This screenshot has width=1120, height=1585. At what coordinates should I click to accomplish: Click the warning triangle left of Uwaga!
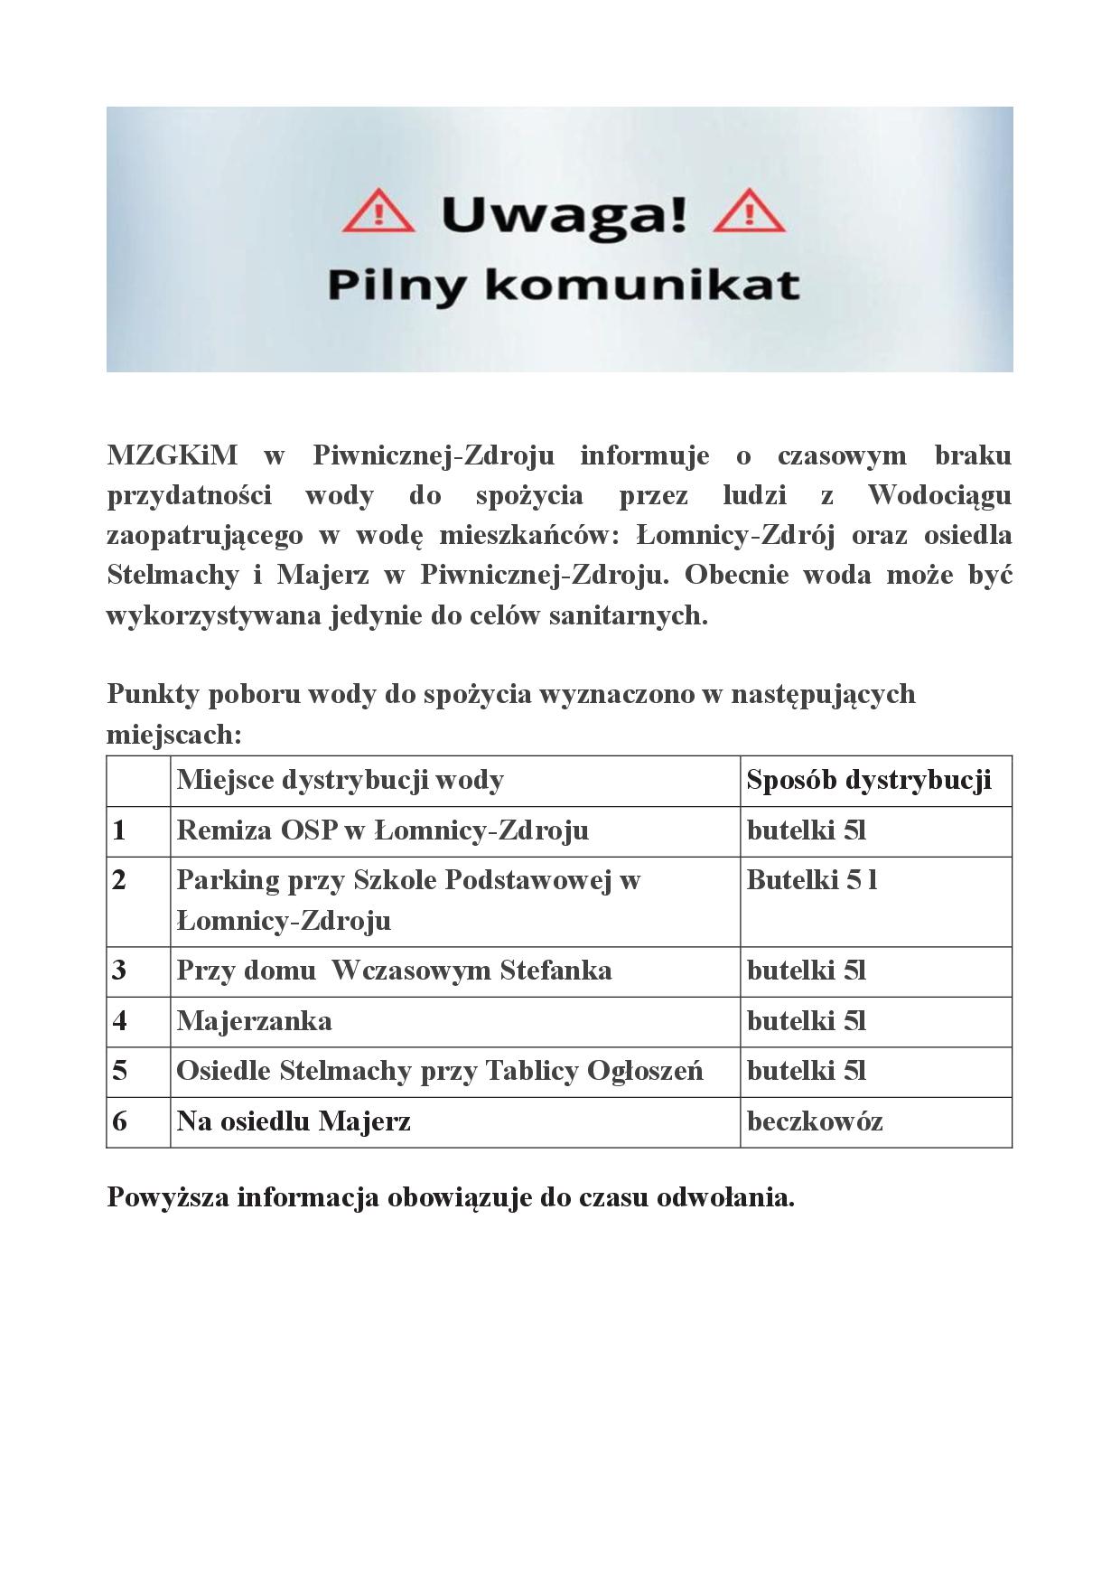[379, 213]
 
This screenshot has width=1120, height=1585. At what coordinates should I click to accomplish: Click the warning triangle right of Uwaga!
[749, 213]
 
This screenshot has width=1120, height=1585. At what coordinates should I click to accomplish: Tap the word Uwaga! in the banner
[565, 215]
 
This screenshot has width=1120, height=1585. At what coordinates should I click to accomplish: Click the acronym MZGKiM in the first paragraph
[173, 455]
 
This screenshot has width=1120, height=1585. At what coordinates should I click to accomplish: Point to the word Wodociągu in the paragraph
[939, 495]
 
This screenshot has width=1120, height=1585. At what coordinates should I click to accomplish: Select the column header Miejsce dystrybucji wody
[341, 780]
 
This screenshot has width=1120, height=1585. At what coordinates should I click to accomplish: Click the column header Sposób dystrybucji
[869, 780]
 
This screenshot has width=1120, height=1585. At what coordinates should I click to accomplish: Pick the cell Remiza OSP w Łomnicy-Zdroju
[383, 830]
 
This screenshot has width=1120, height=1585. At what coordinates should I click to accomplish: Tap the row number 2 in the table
[119, 880]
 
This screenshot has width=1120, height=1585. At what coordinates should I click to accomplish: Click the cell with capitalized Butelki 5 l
[812, 880]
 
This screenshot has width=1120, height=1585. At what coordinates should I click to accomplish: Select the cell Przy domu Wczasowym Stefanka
[394, 971]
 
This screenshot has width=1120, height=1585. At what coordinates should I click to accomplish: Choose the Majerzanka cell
[254, 1021]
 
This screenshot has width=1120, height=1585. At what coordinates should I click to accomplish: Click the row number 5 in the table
[119, 1071]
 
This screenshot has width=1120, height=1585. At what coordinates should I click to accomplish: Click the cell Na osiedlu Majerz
[294, 1121]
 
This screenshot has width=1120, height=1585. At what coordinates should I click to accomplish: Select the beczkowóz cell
[815, 1121]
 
